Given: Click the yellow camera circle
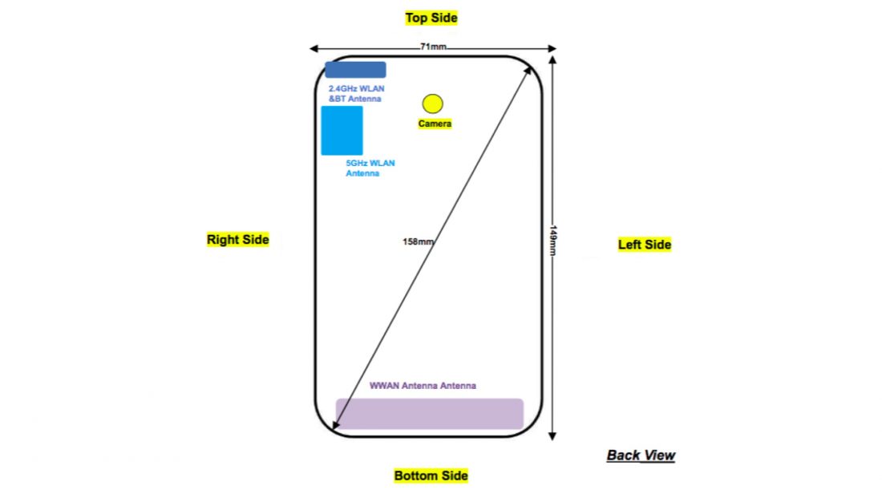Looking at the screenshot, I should [433, 103].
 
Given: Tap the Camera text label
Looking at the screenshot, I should [435, 123].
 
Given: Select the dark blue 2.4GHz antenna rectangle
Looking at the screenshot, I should [355, 70].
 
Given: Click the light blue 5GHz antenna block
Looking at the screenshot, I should [342, 130].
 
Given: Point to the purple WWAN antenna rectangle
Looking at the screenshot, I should [429, 414].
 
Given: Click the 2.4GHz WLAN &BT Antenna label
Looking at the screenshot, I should [355, 94].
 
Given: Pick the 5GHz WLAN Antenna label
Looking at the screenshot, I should [370, 168].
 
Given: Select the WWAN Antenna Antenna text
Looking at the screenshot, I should [423, 386].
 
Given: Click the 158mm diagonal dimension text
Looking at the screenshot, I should [419, 241].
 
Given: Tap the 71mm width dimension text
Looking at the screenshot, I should [433, 47].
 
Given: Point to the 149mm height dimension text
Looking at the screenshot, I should [552, 241].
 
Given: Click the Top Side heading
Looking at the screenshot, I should [431, 18].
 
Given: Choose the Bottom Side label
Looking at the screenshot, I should [431, 476].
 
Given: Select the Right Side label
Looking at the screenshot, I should [238, 239].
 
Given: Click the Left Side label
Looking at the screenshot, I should [645, 245].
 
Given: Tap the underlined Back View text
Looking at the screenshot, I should [641, 456].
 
